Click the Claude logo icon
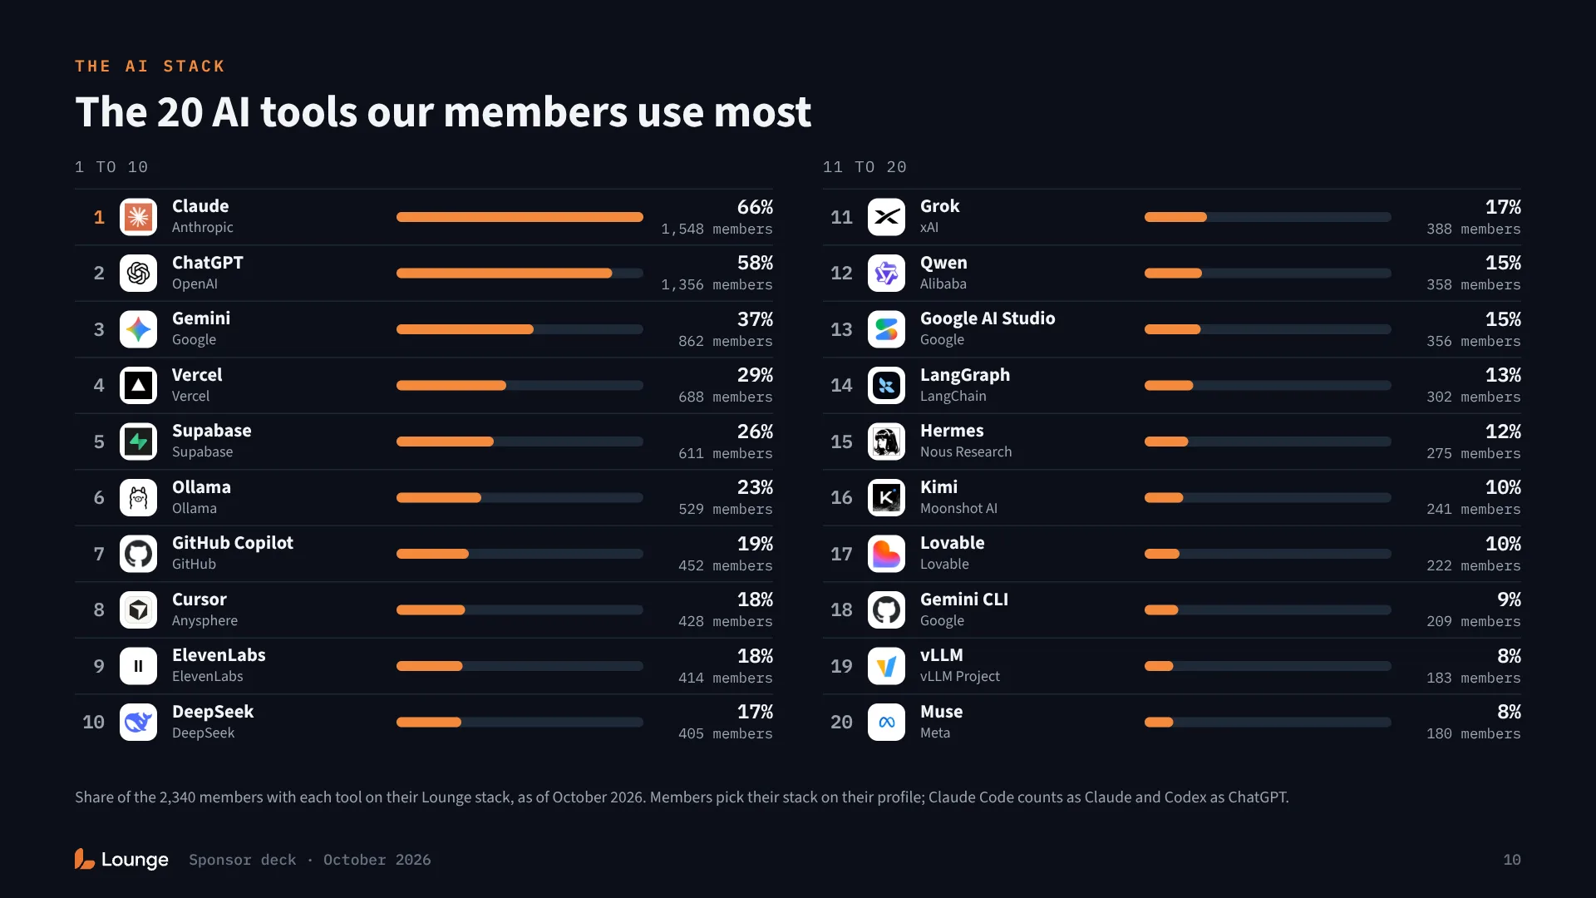pos(138,217)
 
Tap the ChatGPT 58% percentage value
pos(755,263)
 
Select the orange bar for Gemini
pos(465,329)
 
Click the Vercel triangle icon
pos(138,386)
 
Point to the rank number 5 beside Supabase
pos(99,442)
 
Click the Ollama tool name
pos(201,487)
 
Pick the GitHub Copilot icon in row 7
pos(138,554)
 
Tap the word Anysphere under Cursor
pos(204,620)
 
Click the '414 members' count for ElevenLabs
pos(725,678)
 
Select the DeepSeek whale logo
pos(138,723)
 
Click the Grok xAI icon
pos(886,217)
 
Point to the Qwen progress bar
pos(1267,274)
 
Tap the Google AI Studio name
pos(988,318)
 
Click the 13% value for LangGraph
pos(1503,375)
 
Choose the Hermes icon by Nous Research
pos(886,442)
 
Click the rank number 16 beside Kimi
pos(841,497)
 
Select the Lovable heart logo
pos(886,554)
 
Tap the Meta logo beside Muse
pos(886,723)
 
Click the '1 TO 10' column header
pos(111,167)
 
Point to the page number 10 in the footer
pos(1512,860)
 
